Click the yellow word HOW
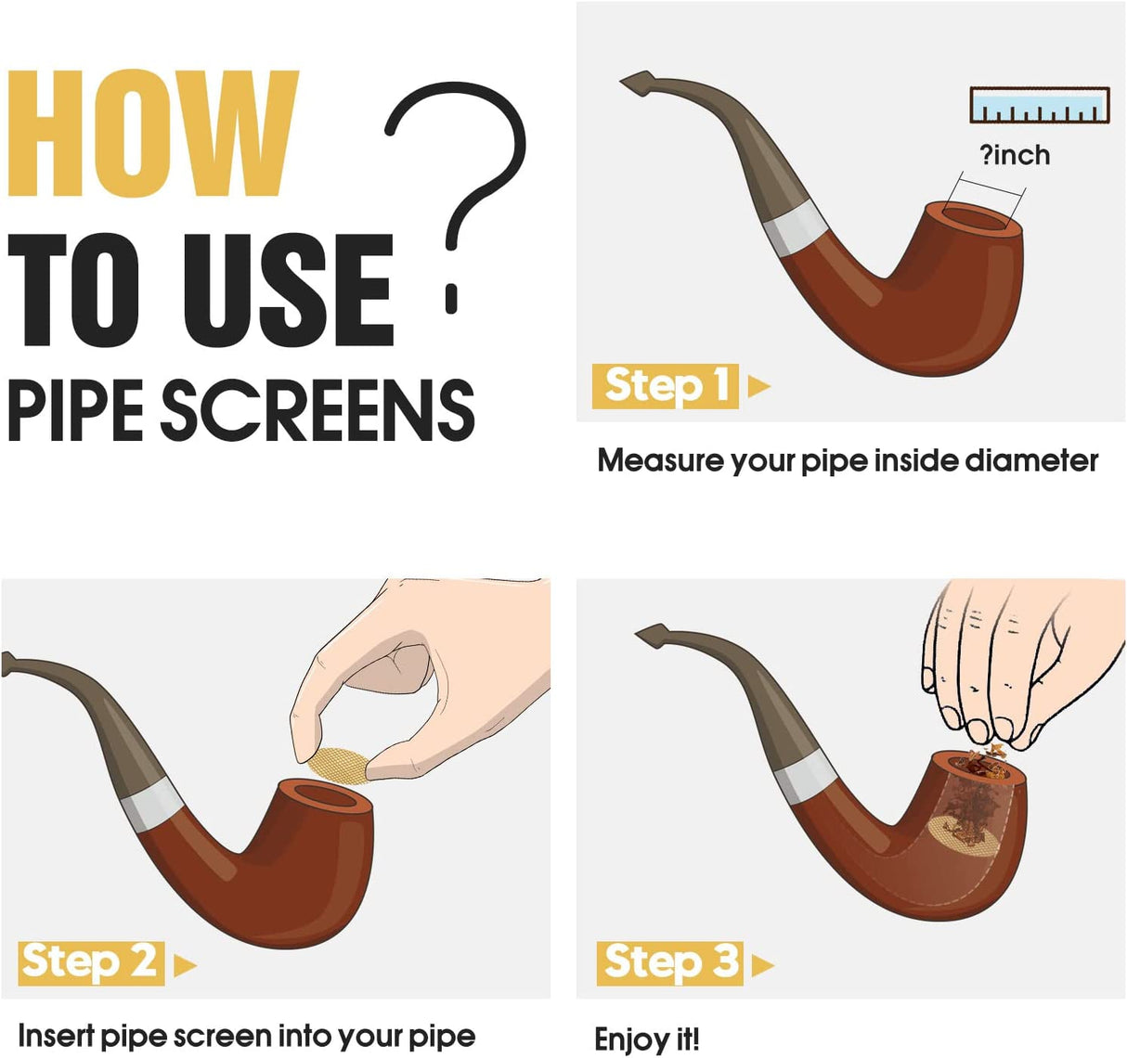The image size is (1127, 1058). pos(153,133)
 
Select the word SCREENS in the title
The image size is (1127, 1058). pos(317,410)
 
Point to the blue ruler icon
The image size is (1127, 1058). pos(1040,105)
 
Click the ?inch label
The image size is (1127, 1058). pos(1015,155)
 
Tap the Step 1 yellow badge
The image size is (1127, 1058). pos(665,386)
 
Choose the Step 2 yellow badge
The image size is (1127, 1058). pos(91,963)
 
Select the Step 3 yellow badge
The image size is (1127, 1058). pos(669,963)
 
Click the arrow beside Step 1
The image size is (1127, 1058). pos(758,386)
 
